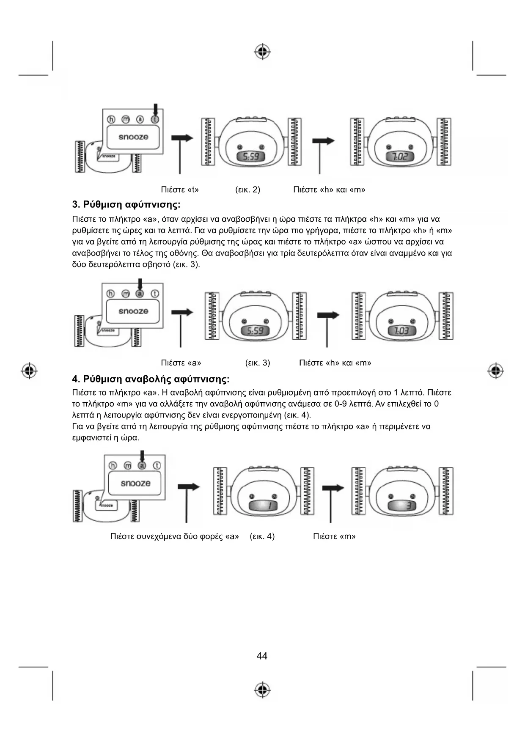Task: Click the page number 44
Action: click(262, 656)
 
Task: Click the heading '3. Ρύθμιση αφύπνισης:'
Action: click(126, 205)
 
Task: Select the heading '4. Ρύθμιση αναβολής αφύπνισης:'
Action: click(151, 379)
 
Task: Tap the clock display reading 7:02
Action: click(400, 157)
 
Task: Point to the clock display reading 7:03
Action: click(401, 331)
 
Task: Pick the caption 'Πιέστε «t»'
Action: click(180, 190)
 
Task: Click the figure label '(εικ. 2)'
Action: click(247, 190)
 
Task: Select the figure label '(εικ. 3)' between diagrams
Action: click(258, 363)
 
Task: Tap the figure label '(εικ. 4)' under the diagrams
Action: click(262, 536)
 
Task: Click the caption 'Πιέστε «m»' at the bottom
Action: click(334, 536)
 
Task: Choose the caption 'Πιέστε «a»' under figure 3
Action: click(181, 363)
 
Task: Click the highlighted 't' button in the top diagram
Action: click(155, 119)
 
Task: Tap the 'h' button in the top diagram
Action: click(111, 119)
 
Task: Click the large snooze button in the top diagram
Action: click(133, 137)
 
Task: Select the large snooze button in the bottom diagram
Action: click(135, 484)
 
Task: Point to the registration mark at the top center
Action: click(263, 52)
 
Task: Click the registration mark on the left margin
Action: click(29, 371)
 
